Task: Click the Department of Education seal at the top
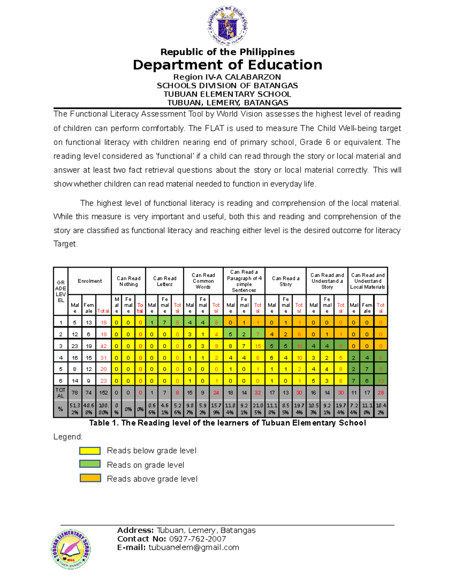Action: (x=227, y=26)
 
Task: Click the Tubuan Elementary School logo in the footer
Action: (x=71, y=549)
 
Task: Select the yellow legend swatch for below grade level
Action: (x=90, y=451)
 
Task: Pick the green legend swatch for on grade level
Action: (x=90, y=464)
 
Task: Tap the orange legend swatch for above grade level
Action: (x=90, y=478)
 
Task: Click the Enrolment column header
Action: (x=89, y=281)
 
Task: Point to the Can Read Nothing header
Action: (x=129, y=281)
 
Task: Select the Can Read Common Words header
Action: (x=203, y=281)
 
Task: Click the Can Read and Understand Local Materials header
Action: (x=367, y=281)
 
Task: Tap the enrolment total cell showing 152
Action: (x=104, y=393)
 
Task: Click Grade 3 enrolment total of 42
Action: (x=104, y=346)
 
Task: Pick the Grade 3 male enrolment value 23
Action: (x=75, y=346)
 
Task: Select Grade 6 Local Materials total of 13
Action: (x=381, y=381)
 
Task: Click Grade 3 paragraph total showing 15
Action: (x=258, y=346)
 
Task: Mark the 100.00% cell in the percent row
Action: (x=104, y=409)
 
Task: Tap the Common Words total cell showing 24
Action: (x=216, y=393)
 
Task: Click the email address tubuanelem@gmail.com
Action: (x=194, y=547)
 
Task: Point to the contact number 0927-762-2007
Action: (x=197, y=539)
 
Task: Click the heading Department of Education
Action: (x=227, y=65)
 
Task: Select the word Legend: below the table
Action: (x=68, y=437)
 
